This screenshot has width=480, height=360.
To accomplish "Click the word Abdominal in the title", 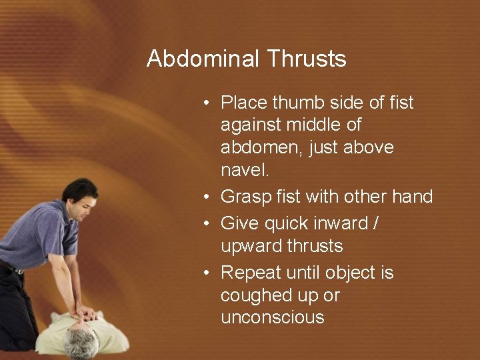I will click(x=203, y=59).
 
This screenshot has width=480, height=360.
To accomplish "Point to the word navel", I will click(x=245, y=169).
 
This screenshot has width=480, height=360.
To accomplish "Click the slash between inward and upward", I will click(x=377, y=223).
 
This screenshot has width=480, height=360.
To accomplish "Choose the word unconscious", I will click(x=272, y=317).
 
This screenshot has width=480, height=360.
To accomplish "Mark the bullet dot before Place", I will click(x=208, y=103).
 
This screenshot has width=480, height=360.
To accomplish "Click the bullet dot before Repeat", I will click(x=208, y=273).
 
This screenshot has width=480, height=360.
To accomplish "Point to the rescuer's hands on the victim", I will click(x=85, y=310).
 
